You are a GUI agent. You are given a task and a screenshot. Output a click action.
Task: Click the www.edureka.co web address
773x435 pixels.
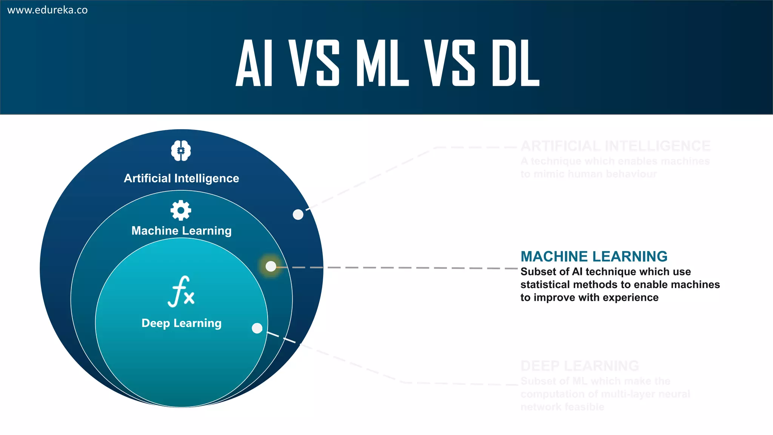tap(48, 10)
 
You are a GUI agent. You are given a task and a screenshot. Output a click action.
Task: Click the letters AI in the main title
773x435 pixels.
tap(254, 63)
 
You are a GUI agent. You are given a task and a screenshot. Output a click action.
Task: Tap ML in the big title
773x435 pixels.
tap(382, 63)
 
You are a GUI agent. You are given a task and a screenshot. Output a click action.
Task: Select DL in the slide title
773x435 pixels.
tap(516, 63)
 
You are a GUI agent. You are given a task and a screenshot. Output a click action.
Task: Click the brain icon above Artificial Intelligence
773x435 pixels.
tap(181, 151)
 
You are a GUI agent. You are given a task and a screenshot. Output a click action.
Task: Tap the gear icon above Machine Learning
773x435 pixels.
tap(181, 210)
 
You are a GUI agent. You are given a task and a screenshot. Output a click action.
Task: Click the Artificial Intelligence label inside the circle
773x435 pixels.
tap(181, 178)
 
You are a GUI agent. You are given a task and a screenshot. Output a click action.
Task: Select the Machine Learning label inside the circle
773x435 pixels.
tap(181, 230)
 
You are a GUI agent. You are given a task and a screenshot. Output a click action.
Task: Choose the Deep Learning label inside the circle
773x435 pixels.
tap(181, 323)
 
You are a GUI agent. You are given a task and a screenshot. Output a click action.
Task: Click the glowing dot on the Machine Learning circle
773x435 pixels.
tap(271, 266)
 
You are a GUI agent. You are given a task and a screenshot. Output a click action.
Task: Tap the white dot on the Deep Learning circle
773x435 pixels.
tap(257, 328)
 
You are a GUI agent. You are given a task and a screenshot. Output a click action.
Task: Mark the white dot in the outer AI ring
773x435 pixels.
tap(298, 214)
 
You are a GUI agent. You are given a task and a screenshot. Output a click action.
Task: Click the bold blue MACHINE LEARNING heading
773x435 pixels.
tap(594, 256)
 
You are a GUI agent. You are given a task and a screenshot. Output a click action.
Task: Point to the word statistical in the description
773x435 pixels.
tap(546, 285)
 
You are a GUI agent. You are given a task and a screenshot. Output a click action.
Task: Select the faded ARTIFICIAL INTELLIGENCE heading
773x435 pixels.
tap(615, 146)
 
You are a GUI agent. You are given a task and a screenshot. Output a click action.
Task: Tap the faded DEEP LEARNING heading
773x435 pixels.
tap(579, 366)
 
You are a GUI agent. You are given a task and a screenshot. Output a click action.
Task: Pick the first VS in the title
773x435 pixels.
tap(314, 63)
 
